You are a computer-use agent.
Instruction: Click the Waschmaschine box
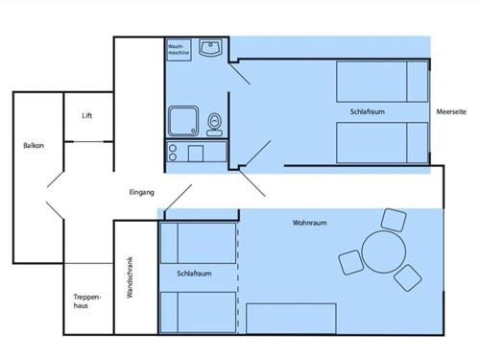click(179, 50)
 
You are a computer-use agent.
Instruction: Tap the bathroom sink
click(210, 47)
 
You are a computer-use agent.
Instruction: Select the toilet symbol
click(214, 125)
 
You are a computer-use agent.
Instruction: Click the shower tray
click(183, 121)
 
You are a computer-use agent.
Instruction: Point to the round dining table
click(384, 252)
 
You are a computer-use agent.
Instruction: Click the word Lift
click(87, 115)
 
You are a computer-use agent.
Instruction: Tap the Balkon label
click(34, 146)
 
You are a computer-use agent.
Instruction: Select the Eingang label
click(142, 192)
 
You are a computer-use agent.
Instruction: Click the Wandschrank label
click(130, 277)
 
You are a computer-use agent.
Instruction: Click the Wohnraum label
click(309, 223)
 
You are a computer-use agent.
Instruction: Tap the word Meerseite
click(451, 111)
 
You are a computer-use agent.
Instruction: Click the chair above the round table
click(394, 220)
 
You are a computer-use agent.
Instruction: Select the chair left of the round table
click(351, 262)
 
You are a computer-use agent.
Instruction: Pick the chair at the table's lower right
click(408, 278)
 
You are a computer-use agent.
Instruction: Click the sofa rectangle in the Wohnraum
click(291, 319)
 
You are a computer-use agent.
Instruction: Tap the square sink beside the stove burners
click(196, 154)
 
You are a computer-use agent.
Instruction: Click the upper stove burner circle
click(173, 148)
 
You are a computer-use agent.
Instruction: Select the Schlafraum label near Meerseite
click(368, 111)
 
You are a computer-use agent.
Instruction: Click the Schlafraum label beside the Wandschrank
click(194, 274)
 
